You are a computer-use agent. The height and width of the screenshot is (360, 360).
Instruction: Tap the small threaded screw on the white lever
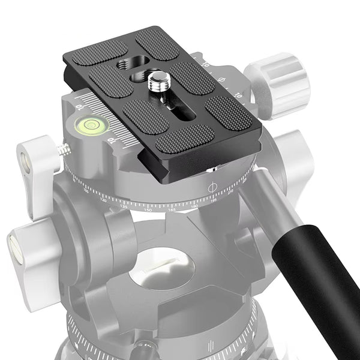(61, 151)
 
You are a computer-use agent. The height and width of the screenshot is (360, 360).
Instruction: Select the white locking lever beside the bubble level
(37, 174)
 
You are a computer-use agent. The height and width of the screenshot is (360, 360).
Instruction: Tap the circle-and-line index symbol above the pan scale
(211, 188)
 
